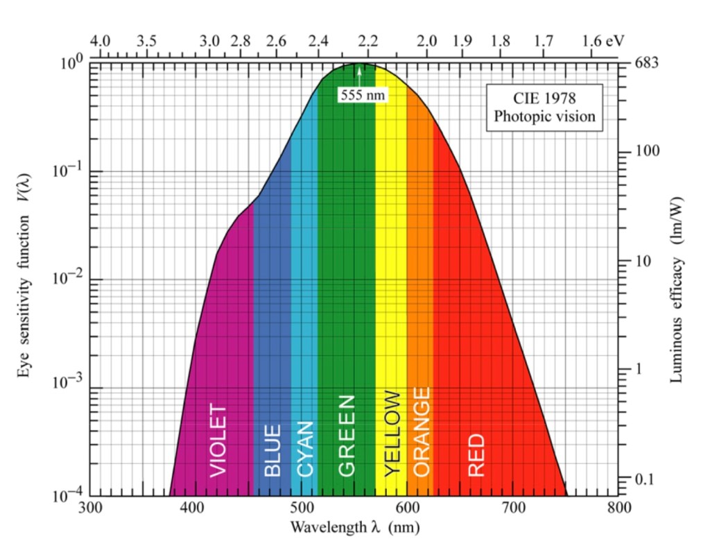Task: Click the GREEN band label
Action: [347, 436]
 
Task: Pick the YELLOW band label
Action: [392, 433]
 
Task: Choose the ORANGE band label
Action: [421, 431]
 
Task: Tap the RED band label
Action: [476, 455]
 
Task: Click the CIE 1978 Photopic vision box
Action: [544, 107]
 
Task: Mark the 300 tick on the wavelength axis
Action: [90, 507]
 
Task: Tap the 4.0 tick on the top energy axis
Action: [101, 41]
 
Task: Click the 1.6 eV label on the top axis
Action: [602, 41]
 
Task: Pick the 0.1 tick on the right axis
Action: [646, 479]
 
